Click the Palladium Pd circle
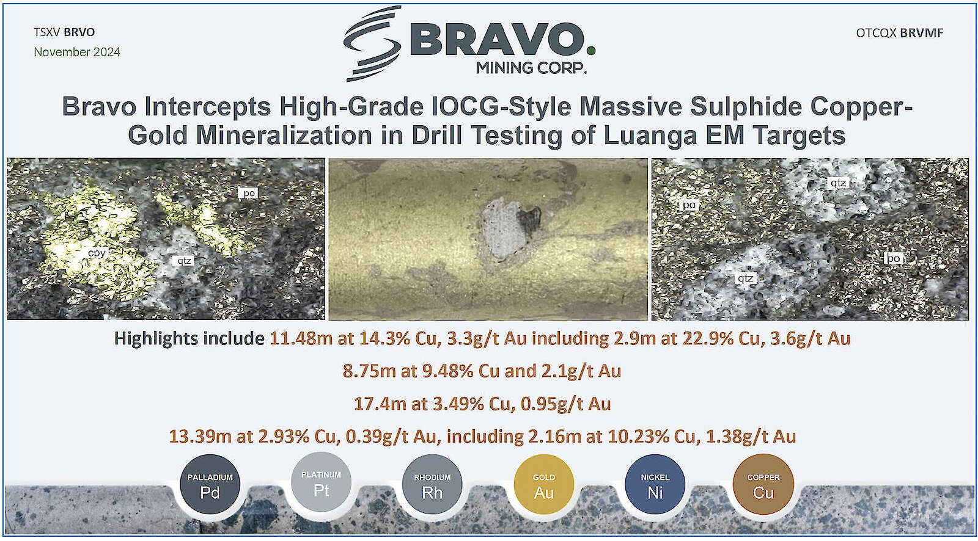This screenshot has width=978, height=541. [210, 484]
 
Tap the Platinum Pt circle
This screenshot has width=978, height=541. [322, 482]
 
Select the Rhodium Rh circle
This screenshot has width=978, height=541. [432, 484]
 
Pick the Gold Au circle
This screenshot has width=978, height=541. [543, 484]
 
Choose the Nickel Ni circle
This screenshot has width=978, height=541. [655, 484]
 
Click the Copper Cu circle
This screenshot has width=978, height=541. [763, 484]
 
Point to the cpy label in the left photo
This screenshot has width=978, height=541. [97, 253]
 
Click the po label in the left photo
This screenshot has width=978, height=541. [248, 193]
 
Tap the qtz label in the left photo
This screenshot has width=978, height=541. [184, 261]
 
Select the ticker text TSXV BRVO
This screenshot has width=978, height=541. [64, 32]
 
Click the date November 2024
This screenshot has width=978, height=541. [77, 52]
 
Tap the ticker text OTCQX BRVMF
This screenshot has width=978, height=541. [899, 33]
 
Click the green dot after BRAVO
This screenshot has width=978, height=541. [590, 51]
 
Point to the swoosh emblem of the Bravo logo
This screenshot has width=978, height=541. [372, 43]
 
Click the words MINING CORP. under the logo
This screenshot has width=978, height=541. [531, 68]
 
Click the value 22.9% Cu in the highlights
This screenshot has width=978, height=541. [722, 339]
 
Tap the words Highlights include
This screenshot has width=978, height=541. [189, 339]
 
